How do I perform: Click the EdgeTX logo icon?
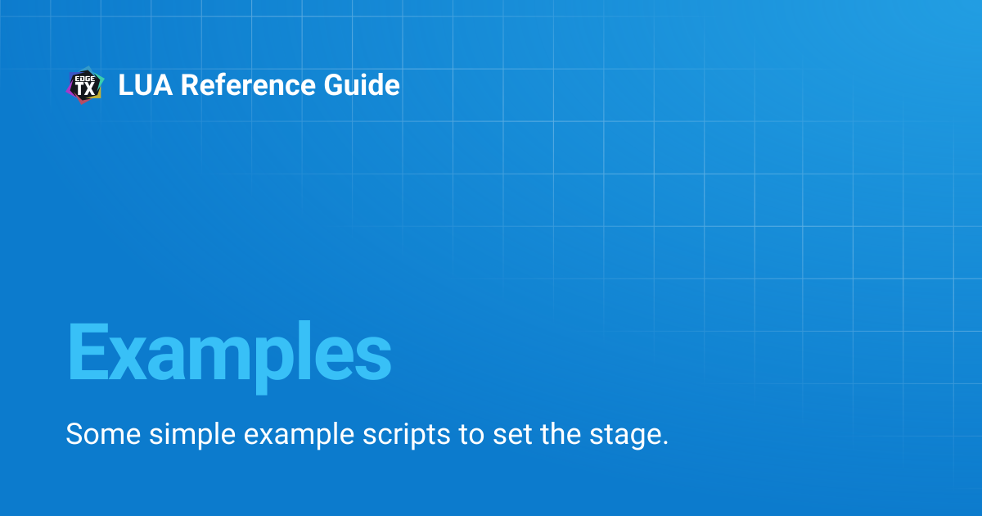pos(85,85)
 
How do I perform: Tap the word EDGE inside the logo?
pos(85,78)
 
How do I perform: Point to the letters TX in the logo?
pos(85,89)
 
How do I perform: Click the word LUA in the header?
pos(146,84)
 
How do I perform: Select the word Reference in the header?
pos(248,84)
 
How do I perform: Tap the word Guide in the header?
pos(362,84)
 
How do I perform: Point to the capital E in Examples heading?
pos(88,351)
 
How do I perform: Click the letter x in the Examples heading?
pos(127,359)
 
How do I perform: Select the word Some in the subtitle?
pos(103,434)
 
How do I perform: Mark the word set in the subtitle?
pos(512,434)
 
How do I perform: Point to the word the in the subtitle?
pos(561,433)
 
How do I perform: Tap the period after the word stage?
pos(665,443)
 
